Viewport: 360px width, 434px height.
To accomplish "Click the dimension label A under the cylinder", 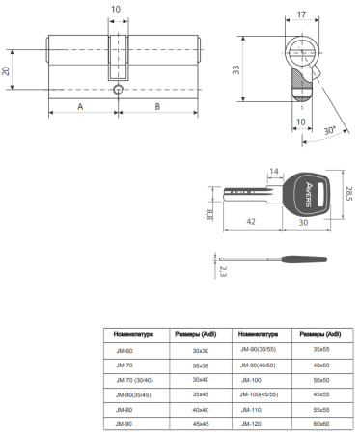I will [79, 107].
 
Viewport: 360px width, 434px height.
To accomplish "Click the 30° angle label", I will [330, 129].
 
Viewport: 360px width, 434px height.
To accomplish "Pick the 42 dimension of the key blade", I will [253, 221].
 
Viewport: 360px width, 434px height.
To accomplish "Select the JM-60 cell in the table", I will [125, 352].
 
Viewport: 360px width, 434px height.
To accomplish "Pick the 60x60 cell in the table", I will [319, 423].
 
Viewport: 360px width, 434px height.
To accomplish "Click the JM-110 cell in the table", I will [250, 409].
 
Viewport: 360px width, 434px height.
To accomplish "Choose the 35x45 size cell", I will [201, 394].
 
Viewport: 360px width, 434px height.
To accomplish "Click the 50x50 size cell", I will [319, 380].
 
